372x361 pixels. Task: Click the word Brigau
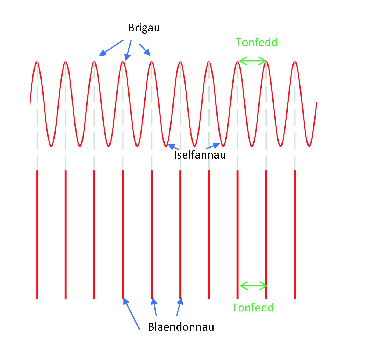(144, 28)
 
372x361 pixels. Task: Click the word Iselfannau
(200, 155)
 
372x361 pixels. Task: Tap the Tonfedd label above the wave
(257, 42)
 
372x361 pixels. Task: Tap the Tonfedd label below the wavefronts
(253, 308)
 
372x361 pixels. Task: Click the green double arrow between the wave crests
(252, 61)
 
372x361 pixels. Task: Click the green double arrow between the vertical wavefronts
(253, 286)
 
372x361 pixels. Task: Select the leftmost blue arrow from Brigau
(111, 48)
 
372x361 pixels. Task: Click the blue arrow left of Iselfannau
(173, 147)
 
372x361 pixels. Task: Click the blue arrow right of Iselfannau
(213, 146)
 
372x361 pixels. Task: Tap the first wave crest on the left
(37, 62)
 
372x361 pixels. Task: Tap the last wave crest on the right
(295, 62)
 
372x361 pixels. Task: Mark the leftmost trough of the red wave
(51, 146)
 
